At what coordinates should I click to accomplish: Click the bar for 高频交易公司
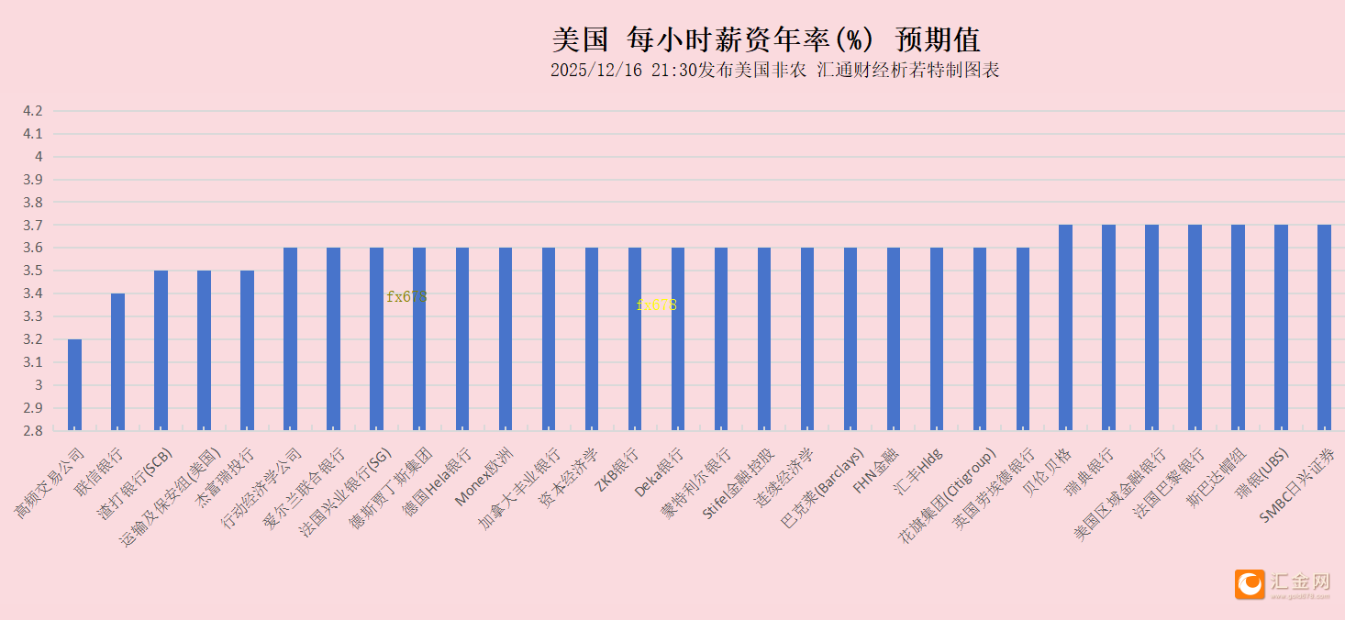tap(74, 384)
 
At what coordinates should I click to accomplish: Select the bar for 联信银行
tap(117, 361)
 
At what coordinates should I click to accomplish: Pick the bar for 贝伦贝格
tap(1065, 327)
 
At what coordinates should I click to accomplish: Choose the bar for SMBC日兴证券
tap(1324, 327)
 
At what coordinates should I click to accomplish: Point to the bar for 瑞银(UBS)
tap(1281, 327)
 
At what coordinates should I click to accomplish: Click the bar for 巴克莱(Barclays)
tap(850, 338)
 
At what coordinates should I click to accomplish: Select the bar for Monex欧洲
tap(506, 338)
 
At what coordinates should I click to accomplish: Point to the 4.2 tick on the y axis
tap(33, 111)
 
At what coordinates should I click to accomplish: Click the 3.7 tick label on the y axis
tap(33, 225)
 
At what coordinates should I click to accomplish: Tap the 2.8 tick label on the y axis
tap(33, 430)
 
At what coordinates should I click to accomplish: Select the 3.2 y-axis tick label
tap(33, 339)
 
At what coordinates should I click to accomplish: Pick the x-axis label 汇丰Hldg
tap(919, 472)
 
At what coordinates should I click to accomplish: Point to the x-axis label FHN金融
tap(877, 471)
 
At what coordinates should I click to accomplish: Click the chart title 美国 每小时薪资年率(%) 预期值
tap(766, 39)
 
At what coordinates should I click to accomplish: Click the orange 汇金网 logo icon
tap(1250, 584)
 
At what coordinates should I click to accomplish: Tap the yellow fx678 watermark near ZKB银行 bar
tap(656, 304)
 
